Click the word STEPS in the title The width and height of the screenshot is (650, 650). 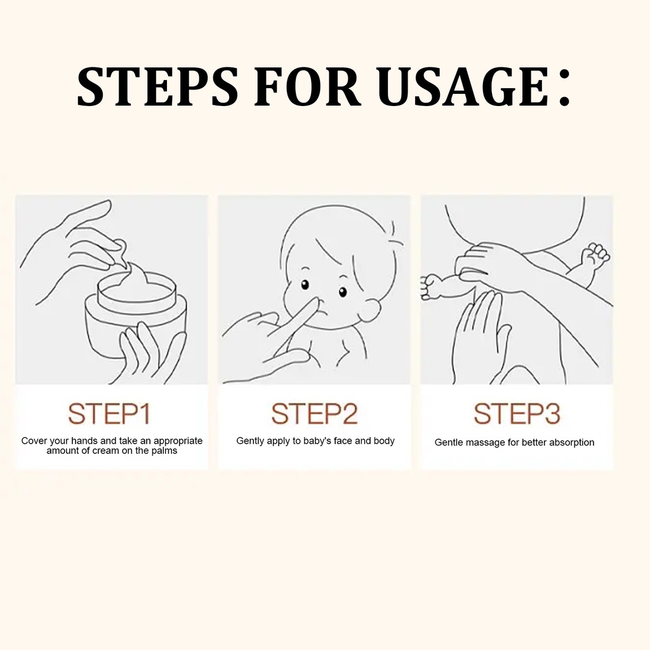(157, 86)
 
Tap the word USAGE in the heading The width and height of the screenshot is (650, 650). (462, 86)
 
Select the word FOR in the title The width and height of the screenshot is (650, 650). (307, 86)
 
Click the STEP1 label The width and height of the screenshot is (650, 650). (109, 414)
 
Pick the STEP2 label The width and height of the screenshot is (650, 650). (314, 414)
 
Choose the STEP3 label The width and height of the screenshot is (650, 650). (517, 414)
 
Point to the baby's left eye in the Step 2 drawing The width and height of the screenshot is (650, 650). (342, 292)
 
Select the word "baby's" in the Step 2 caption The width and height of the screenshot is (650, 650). (317, 441)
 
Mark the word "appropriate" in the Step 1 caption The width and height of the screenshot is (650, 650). (178, 441)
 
